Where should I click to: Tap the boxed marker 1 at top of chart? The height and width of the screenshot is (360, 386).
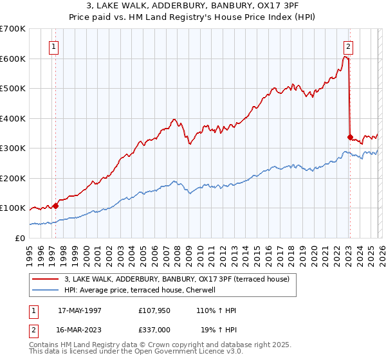pos(53,46)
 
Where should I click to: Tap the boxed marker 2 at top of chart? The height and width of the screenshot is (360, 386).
pos(348,46)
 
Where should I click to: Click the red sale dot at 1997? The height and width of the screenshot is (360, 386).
pos(56,206)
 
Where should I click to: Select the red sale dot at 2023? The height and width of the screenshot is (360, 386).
pos(350,137)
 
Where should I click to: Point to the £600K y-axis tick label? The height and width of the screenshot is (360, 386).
pos(13,59)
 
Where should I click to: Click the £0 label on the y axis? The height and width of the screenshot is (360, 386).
pos(19,238)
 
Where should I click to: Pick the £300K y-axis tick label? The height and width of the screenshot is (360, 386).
pos(13,148)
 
